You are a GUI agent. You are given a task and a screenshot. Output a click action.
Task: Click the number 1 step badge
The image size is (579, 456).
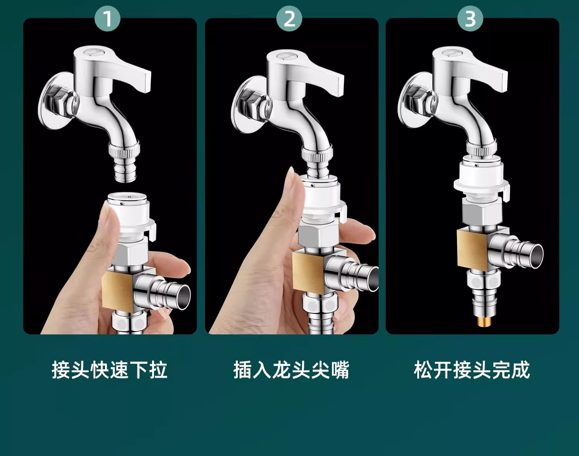pyautogui.click(x=108, y=19)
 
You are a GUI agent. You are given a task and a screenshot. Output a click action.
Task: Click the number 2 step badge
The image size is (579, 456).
pyautogui.click(x=289, y=19)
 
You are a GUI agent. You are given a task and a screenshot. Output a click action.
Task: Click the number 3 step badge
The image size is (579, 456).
pyautogui.click(x=470, y=19)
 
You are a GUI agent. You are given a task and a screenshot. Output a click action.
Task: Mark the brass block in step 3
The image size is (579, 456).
pyautogui.click(x=473, y=249)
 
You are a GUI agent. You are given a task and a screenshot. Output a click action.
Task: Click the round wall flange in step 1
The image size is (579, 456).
pyautogui.click(x=55, y=101)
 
